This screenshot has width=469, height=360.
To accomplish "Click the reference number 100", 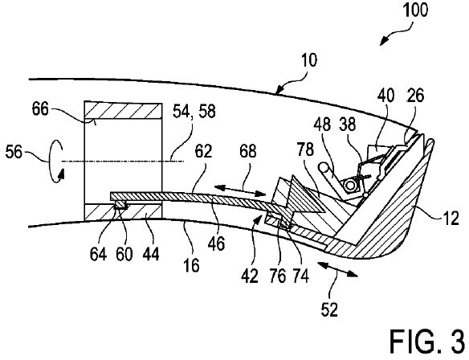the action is (415, 10).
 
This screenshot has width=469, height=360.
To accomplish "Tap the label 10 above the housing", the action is (309, 61).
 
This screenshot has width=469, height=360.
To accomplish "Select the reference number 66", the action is (40, 109).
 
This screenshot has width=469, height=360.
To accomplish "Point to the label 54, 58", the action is (194, 112).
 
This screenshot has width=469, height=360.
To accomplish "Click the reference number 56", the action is (14, 152).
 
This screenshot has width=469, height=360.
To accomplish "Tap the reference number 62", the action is (203, 151).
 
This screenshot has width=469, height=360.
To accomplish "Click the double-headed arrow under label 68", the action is (240, 191).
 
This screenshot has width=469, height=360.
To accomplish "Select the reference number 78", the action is (305, 149).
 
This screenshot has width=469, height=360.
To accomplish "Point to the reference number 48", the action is (322, 125).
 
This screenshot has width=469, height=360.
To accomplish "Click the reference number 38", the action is (348, 125).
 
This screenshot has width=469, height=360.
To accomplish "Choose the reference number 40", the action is (385, 96).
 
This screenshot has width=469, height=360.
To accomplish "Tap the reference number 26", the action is (415, 96).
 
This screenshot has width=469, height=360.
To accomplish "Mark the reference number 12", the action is (451, 218).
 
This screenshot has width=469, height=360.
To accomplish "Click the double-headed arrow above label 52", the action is (337, 269).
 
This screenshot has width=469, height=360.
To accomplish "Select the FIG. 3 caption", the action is (427, 342).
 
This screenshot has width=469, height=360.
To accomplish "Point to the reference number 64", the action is (98, 255).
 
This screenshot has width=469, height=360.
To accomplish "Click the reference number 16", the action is (191, 265).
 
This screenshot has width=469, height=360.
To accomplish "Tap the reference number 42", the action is (250, 276).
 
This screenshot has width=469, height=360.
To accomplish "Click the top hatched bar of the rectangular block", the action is (123, 110).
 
